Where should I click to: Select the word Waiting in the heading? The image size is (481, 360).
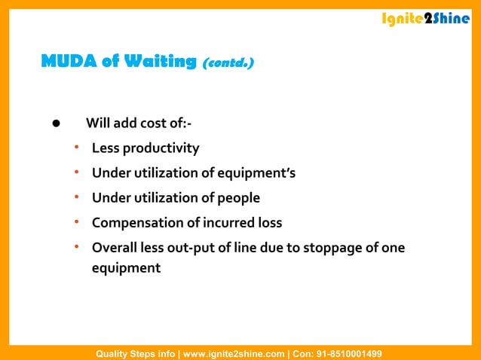[160, 62]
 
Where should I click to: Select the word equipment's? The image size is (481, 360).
[256, 173]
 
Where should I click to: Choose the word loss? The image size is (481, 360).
[268, 223]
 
